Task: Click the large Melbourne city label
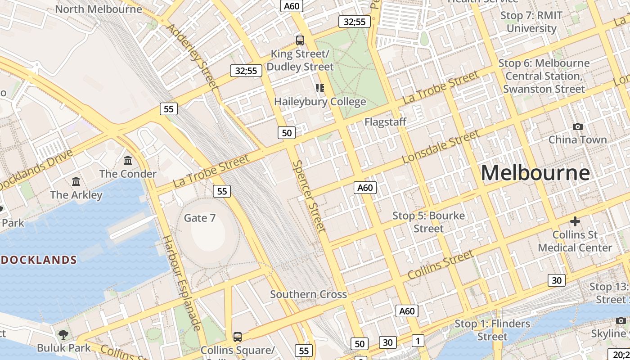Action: coord(535,173)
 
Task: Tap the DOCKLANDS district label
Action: coord(38,260)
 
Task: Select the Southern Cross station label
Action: coord(308,294)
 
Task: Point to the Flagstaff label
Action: coord(385,122)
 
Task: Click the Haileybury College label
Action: coord(320,102)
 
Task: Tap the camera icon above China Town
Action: coord(578,127)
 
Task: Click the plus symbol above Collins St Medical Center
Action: coord(575,221)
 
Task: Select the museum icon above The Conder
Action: coord(128,161)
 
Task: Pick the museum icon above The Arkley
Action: coord(76,182)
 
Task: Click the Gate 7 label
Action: coord(200,218)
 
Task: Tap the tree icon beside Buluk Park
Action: coord(63,334)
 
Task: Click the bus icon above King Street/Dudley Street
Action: coord(300,40)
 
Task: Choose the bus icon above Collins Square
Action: coord(237,337)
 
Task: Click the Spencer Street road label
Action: coord(309,196)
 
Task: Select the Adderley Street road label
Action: coord(192,56)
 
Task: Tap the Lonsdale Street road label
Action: coord(441,147)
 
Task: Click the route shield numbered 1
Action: coord(418,341)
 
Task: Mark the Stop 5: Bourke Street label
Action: coord(428,222)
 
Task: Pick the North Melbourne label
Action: coord(98,9)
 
